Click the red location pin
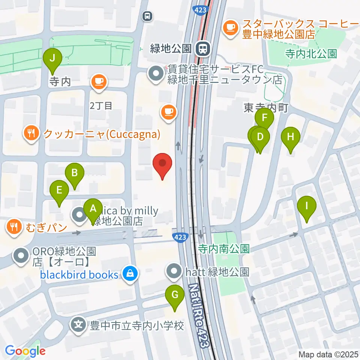162,163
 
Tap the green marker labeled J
52,59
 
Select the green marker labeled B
75,174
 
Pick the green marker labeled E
59,190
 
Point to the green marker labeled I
307,207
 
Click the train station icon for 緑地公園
204,48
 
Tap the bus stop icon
147,16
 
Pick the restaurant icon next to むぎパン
14,227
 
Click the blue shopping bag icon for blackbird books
129,274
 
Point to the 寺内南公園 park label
224,249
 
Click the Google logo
25,351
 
